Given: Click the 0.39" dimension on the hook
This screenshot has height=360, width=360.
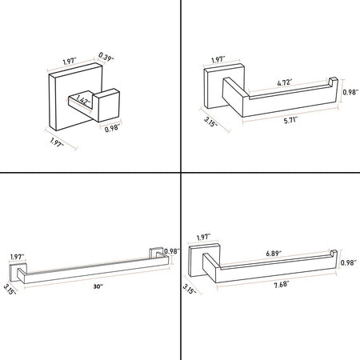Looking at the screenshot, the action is pyautogui.click(x=106, y=57).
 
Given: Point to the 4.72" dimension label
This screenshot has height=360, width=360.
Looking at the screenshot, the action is pyautogui.click(x=284, y=82).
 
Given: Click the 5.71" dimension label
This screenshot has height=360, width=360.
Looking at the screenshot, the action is pyautogui.click(x=290, y=121).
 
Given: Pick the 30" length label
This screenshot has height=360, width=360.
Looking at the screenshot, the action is pyautogui.click(x=98, y=286).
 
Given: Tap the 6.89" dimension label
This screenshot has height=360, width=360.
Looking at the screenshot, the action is pyautogui.click(x=274, y=253).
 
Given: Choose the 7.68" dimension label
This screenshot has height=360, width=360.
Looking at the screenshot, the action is pyautogui.click(x=282, y=285).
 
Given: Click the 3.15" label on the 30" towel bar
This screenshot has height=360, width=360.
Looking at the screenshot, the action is pyautogui.click(x=10, y=289).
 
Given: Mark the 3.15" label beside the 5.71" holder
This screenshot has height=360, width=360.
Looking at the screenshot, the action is pyautogui.click(x=210, y=122).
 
